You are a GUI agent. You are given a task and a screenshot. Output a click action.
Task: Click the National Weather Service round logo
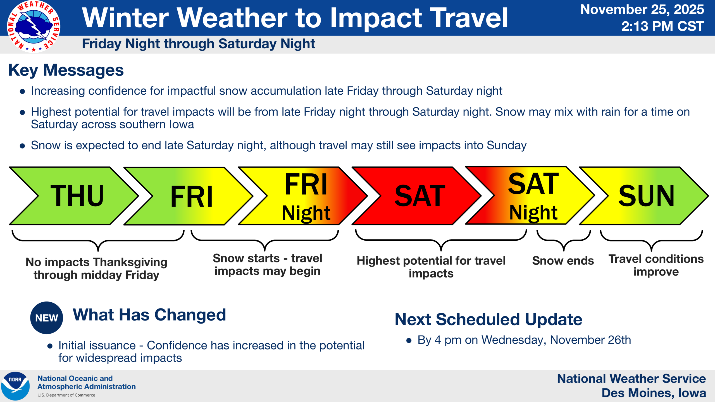pos(34,27)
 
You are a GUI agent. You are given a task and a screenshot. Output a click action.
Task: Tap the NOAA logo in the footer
pos(15,386)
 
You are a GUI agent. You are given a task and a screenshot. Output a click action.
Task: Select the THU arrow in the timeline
pos(74,196)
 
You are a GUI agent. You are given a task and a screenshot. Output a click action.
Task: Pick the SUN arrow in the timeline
pos(644,196)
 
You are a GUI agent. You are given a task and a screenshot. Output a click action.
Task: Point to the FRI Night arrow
pos(303,196)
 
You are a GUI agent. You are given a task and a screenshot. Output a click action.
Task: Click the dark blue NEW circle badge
pos(47,318)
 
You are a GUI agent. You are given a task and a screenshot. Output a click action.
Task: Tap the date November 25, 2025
pos(642,9)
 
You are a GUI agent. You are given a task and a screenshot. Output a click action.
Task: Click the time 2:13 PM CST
pos(662,26)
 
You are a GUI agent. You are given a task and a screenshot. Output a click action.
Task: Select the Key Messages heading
pos(66,70)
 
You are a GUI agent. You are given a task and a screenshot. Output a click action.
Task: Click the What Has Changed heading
pos(149,315)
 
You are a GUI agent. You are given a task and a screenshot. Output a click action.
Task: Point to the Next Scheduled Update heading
pos(488,319)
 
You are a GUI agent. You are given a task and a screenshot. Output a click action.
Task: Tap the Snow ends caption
pos(563,261)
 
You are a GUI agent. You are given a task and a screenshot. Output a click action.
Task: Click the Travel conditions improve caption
pos(656,265)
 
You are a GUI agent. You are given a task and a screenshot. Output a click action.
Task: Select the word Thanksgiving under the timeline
pos(130,263)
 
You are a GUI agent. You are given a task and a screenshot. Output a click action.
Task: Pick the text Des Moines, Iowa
pos(654,393)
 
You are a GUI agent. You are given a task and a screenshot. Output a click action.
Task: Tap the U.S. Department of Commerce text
pos(66,395)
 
